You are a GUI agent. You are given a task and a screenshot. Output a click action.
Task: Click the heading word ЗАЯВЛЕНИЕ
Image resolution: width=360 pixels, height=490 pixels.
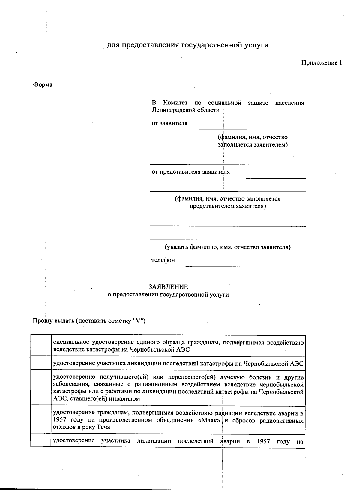pos(168,287)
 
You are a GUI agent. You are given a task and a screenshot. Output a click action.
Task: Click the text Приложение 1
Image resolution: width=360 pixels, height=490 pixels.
pos(321,63)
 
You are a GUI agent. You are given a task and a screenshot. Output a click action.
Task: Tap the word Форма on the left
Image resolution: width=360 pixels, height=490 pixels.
pos(43,85)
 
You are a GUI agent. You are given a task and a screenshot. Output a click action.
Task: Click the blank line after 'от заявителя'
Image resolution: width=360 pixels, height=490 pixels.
pos(253,128)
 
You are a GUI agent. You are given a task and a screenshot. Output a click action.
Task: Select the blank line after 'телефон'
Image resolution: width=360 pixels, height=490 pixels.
pos(245,265)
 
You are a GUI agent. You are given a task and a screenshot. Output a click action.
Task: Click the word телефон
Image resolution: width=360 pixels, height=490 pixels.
pos(163,260)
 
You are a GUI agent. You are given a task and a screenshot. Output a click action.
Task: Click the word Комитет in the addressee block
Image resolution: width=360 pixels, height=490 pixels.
pos(175,103)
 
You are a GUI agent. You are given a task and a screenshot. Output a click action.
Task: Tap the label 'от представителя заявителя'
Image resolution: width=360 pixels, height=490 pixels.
pos(190,172)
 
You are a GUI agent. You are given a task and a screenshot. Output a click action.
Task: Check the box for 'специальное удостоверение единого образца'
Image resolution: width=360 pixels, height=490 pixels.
pos(41,346)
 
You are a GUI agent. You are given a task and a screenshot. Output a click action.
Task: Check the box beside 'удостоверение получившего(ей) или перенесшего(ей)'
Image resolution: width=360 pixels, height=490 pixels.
pos(41,388)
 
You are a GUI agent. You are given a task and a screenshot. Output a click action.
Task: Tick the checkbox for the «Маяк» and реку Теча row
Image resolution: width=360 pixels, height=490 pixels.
pos(41,419)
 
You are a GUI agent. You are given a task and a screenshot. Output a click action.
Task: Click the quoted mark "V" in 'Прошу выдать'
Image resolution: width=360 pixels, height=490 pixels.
pos(138,321)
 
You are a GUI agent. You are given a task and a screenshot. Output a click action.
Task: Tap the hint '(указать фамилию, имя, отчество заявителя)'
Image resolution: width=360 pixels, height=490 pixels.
pos(227,247)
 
